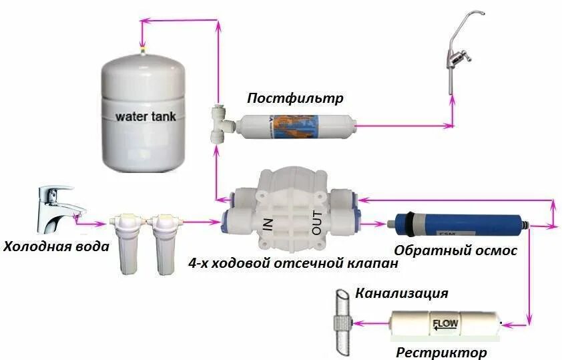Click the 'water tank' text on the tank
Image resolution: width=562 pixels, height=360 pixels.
(146, 116)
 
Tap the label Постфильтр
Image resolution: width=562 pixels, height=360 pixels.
(295, 99)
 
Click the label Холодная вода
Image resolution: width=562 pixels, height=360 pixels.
(56, 246)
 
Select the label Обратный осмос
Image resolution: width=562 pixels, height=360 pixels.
(456, 250)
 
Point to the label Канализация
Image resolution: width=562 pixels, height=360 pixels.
(401, 293)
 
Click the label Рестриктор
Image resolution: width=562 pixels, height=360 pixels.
(441, 352)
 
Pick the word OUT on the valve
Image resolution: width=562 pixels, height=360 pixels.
(317, 222)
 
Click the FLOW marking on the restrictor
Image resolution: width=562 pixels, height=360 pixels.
(446, 325)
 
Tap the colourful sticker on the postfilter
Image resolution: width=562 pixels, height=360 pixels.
(296, 126)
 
